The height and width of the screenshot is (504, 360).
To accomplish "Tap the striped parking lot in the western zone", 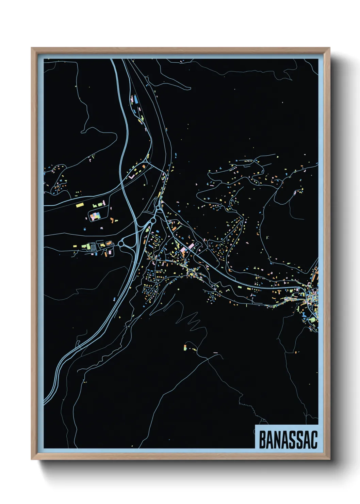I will pos(90,246).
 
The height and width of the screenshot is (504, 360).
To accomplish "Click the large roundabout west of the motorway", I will pos(121,244).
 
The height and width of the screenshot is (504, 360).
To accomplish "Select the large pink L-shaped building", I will pos(132,177).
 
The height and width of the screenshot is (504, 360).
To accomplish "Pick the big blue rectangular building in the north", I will pos(135,99).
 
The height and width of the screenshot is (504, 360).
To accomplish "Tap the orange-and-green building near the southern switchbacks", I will pos(185,348).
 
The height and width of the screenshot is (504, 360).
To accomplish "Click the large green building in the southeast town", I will pos(312,320).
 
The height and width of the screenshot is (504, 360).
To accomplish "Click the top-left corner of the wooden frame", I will pos(32,48).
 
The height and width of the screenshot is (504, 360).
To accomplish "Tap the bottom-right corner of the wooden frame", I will pos(329,459).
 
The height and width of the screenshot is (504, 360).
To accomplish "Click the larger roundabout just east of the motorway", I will pos(153,221).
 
